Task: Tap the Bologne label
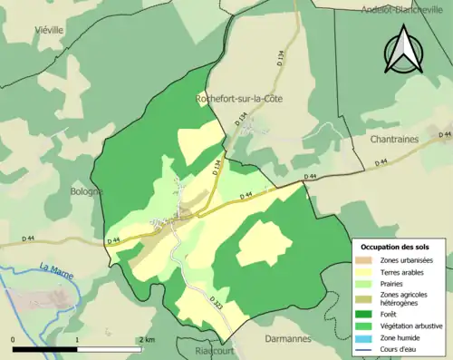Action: point(88,191)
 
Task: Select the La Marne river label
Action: point(57,268)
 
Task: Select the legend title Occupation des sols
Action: point(396,247)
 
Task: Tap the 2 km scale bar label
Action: point(147,339)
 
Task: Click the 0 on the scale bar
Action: point(14,339)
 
